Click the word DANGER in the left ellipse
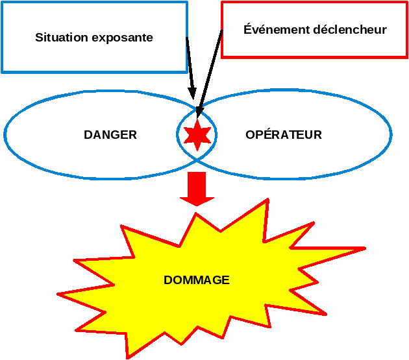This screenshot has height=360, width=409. (110, 135)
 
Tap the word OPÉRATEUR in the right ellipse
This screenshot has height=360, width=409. (284, 135)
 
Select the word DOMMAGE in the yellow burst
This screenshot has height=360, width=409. (197, 280)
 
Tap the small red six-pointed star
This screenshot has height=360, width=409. (197, 135)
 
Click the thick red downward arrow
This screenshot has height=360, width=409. (197, 188)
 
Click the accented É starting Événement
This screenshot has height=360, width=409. (247, 29)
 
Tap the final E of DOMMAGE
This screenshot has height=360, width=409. (225, 280)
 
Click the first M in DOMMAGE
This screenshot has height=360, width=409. (186, 280)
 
